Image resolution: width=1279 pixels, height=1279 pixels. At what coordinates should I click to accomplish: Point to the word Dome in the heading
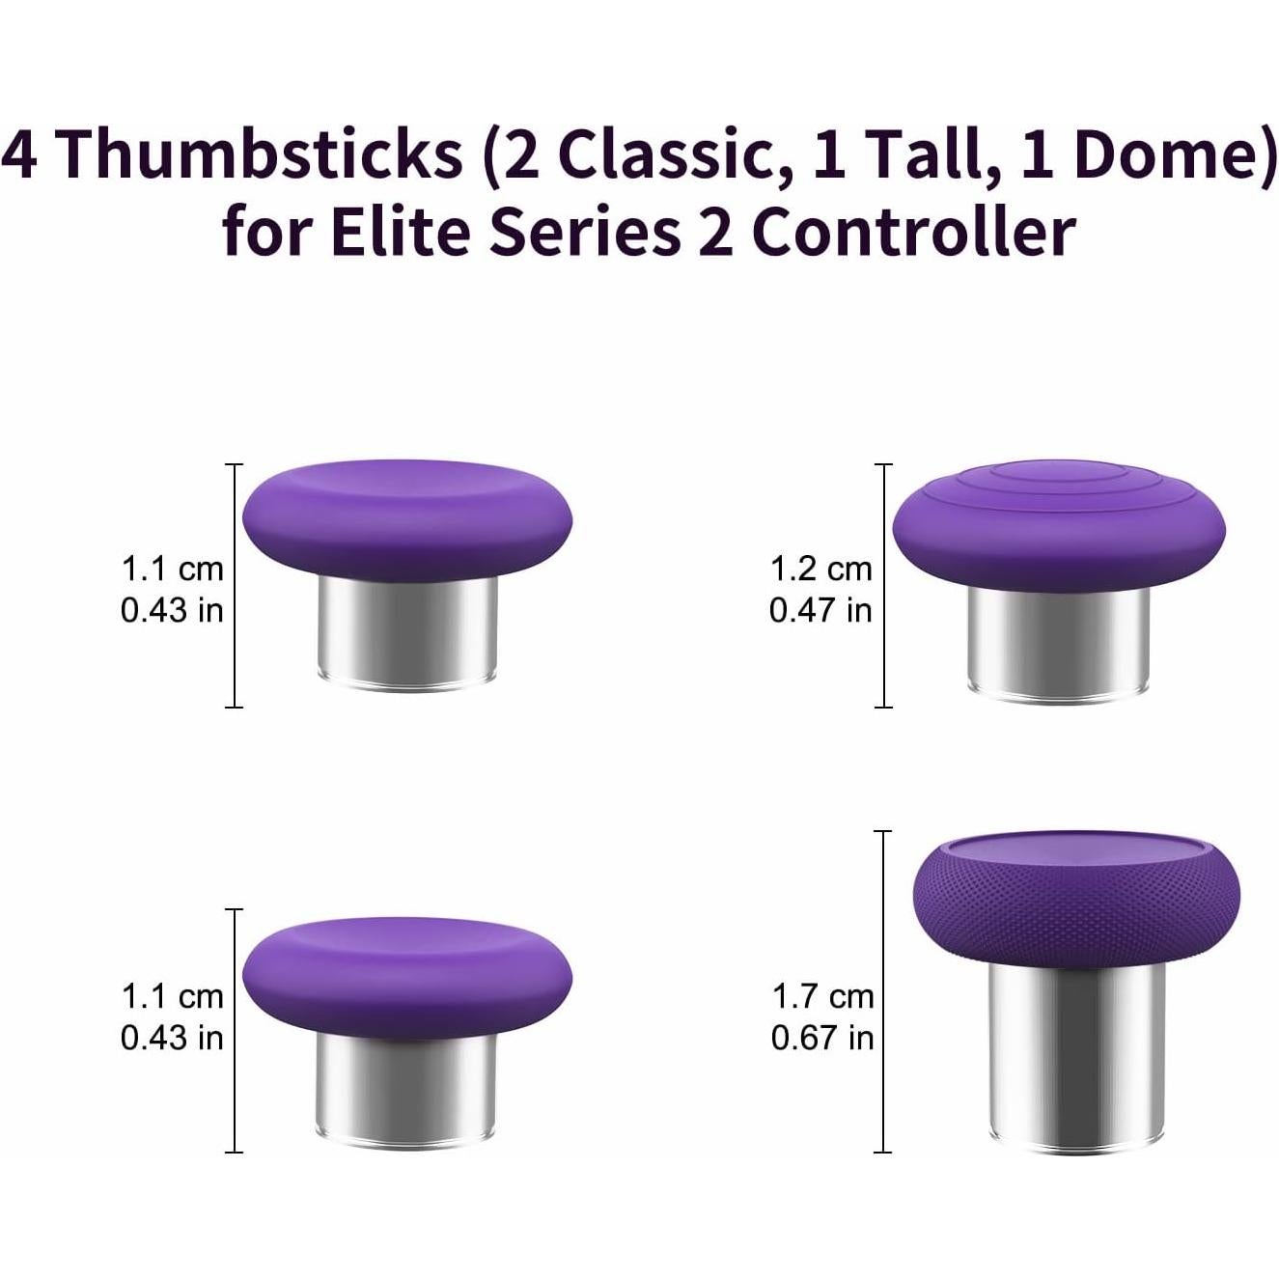(x=1158, y=154)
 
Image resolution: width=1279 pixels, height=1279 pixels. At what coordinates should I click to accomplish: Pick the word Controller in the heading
(x=912, y=233)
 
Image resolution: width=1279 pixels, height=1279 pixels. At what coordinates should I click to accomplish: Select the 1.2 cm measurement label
(x=820, y=570)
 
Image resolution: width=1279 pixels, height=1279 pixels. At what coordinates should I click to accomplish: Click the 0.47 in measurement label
(x=820, y=610)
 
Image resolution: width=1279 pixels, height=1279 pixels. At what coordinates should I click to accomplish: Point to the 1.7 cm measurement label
(x=822, y=996)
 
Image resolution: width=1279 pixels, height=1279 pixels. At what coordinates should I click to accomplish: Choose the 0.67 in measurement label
(x=822, y=1038)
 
